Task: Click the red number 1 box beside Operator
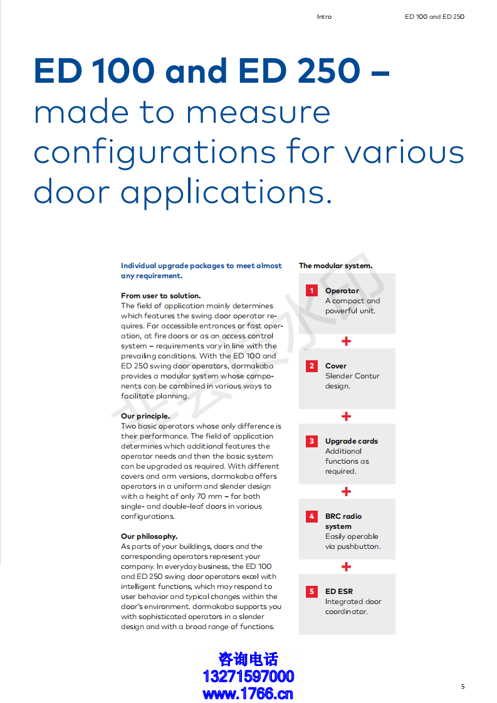311,291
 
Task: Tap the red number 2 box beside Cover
311,366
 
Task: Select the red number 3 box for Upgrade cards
311,441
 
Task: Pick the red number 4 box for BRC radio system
311,516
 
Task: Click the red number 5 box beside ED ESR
311,591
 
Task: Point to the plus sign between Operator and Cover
346,341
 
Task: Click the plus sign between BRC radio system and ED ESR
346,567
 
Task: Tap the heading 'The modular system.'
335,266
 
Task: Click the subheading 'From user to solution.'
160,296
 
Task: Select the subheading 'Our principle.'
145,416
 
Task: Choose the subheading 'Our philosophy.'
149,536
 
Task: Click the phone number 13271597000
248,677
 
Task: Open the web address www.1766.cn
248,694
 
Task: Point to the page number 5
463,687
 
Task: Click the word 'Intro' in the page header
324,17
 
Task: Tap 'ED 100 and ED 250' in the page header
434,17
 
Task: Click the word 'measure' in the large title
259,113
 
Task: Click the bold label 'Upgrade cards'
352,441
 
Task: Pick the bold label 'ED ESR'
339,591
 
